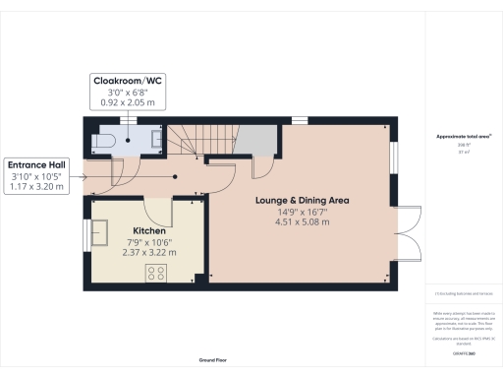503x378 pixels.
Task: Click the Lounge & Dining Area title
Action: coord(303,201)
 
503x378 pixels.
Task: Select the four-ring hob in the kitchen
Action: coord(155,273)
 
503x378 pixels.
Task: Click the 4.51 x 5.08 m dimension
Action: coord(303,224)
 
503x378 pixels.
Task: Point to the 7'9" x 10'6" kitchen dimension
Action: coord(149,242)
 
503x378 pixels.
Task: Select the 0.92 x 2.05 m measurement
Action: coord(129,102)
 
